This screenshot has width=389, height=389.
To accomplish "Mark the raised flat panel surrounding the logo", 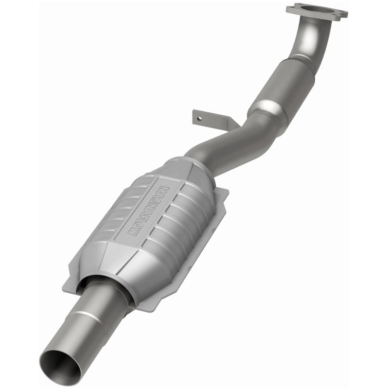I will (x=146, y=214).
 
